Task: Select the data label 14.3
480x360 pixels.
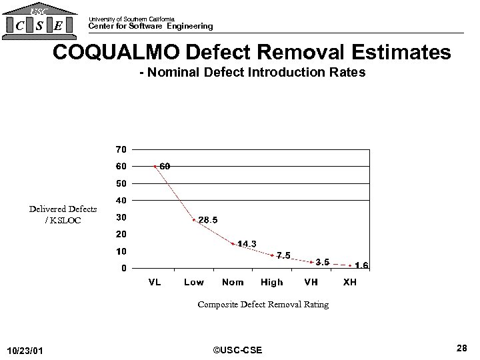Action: pos(247,244)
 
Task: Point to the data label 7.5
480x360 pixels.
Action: pos(283,255)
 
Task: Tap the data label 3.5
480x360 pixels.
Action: pos(322,262)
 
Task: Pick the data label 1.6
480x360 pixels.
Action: pos(361,265)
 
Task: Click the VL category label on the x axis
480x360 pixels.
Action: pos(154,282)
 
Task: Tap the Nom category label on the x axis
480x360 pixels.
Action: pos(233,282)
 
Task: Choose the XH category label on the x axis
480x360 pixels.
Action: pos(349,282)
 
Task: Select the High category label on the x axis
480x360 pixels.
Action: pos(272,282)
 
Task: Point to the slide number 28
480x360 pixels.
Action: pos(461,347)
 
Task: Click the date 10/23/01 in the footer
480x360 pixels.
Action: pos(26,350)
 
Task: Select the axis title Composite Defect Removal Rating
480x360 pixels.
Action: pos(263,305)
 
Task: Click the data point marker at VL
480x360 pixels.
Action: pos(155,166)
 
